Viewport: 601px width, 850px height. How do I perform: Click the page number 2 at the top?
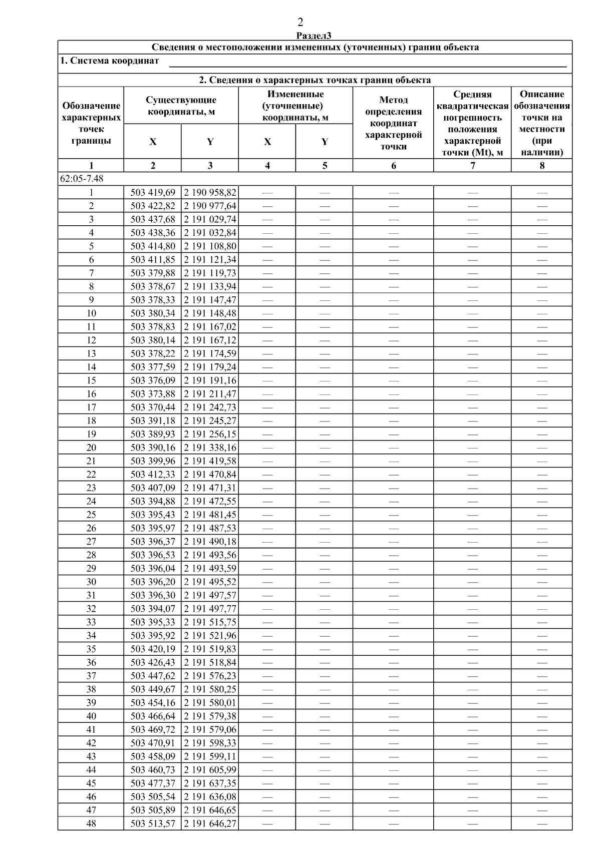coord(300,22)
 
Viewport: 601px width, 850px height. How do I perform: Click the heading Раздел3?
coord(314,36)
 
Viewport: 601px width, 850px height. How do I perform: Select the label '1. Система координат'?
coord(110,61)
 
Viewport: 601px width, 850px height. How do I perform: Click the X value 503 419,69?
coord(153,192)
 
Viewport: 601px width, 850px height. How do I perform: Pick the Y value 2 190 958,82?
coord(210,192)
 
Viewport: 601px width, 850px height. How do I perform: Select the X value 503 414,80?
coord(153,246)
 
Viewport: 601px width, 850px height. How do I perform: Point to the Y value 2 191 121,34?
coord(210,260)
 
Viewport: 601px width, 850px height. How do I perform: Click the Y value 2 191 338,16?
coord(210,448)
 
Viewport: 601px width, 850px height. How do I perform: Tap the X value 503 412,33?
coord(153,475)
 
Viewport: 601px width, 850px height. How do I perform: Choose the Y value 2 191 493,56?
coord(210,555)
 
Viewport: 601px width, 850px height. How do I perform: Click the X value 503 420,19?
coord(153,649)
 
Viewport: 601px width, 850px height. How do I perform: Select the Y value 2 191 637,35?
coord(210,783)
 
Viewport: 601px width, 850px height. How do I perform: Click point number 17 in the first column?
coord(91,407)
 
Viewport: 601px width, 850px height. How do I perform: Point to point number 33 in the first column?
coord(91,622)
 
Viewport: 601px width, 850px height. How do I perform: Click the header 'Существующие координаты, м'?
coord(181,106)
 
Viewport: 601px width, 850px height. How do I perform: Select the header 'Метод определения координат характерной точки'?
coord(393,123)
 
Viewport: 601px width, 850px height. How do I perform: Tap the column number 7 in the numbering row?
coord(472,166)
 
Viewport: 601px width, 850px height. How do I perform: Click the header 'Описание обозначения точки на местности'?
coord(542,123)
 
